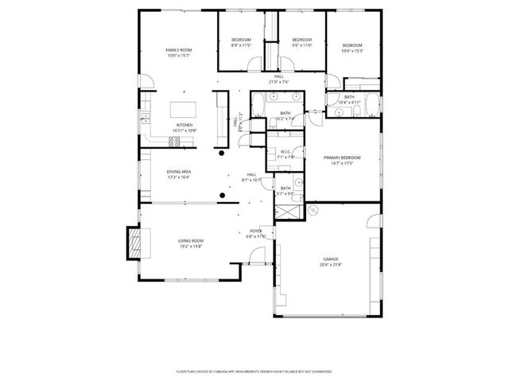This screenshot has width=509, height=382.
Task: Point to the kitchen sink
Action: (x=145, y=119)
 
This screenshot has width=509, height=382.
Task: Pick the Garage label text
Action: (x=330, y=259)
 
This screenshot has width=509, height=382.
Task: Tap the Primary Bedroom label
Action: (x=342, y=158)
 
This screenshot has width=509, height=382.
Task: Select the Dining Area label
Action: (x=178, y=172)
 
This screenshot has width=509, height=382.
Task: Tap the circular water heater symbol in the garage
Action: (x=313, y=211)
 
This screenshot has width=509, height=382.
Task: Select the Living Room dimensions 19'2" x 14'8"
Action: (x=191, y=246)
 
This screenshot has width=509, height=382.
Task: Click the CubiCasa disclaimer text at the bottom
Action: (x=254, y=371)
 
